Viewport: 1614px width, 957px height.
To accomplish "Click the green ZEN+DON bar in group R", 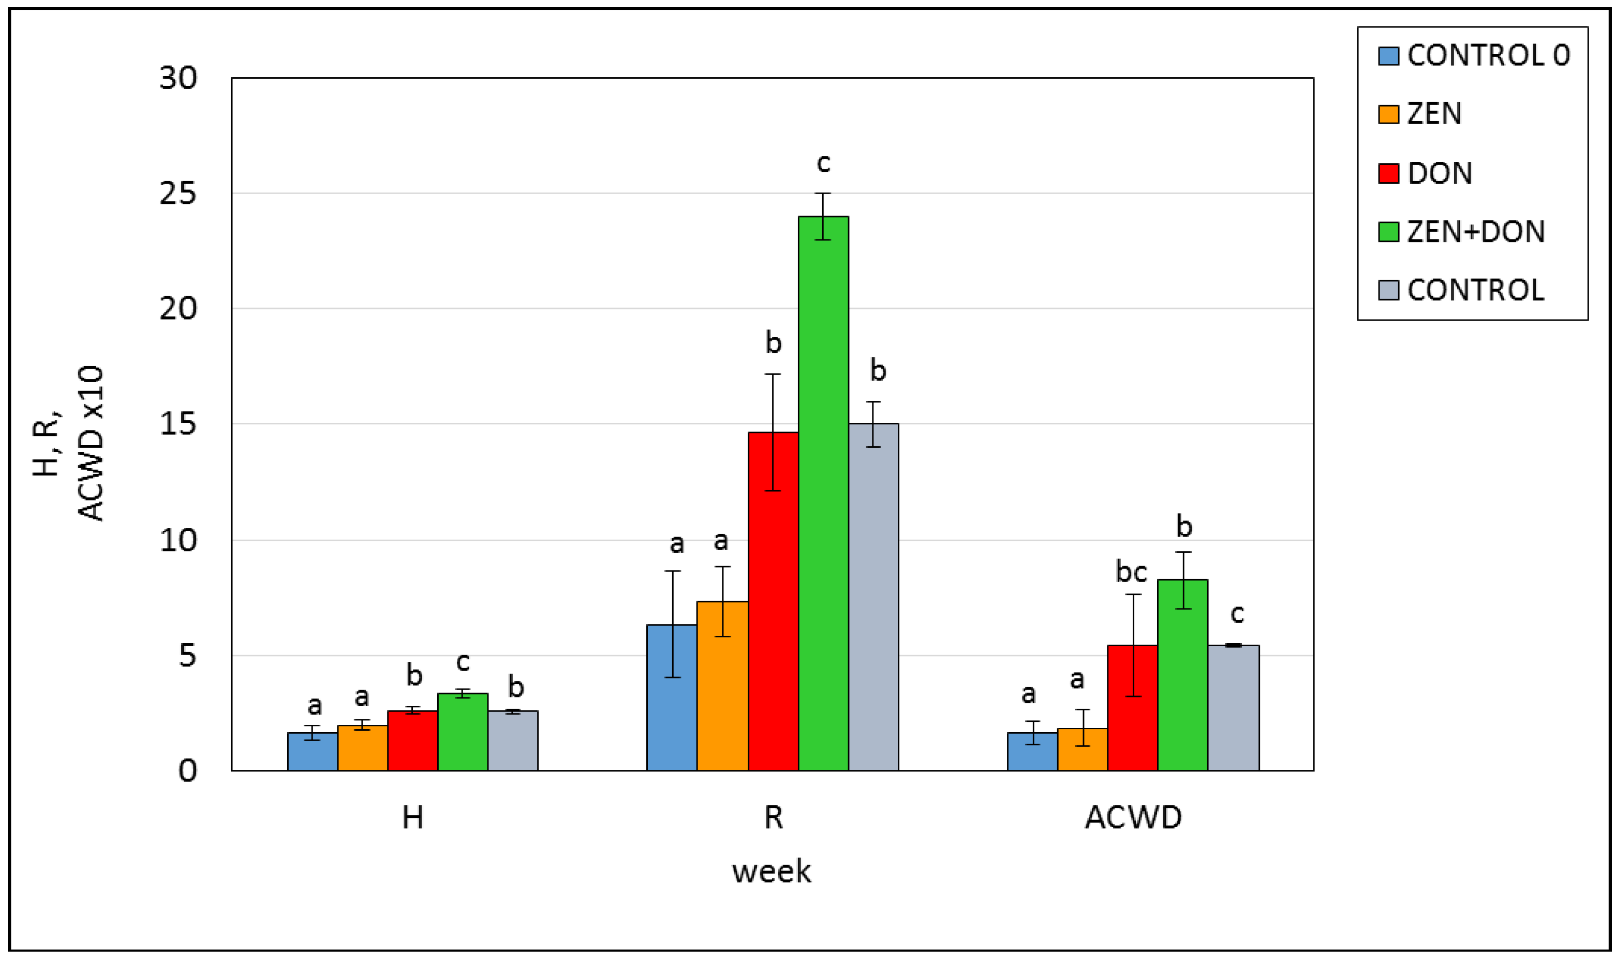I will tap(823, 493).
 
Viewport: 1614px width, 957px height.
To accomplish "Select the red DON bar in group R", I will tap(773, 601).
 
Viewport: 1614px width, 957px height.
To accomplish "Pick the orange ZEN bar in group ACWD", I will tap(1082, 749).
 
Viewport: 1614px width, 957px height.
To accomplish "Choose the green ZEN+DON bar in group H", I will tap(462, 732).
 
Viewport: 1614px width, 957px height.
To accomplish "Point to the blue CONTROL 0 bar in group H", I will tap(312, 751).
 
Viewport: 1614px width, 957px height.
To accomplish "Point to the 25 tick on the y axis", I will tap(178, 194).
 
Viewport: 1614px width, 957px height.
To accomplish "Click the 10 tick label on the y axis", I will tap(178, 540).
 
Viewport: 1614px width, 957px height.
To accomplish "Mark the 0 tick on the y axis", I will tap(187, 771).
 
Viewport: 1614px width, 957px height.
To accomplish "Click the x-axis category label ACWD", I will tap(1133, 818).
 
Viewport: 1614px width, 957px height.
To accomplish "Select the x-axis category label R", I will tap(773, 818).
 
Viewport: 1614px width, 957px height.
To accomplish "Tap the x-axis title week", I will tap(771, 871).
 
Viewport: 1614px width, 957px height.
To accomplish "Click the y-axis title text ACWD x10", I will tap(90, 444).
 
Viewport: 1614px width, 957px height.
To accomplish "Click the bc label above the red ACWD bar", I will tap(1131, 571).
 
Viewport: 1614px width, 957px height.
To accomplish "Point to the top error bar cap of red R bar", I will tap(773, 374).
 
